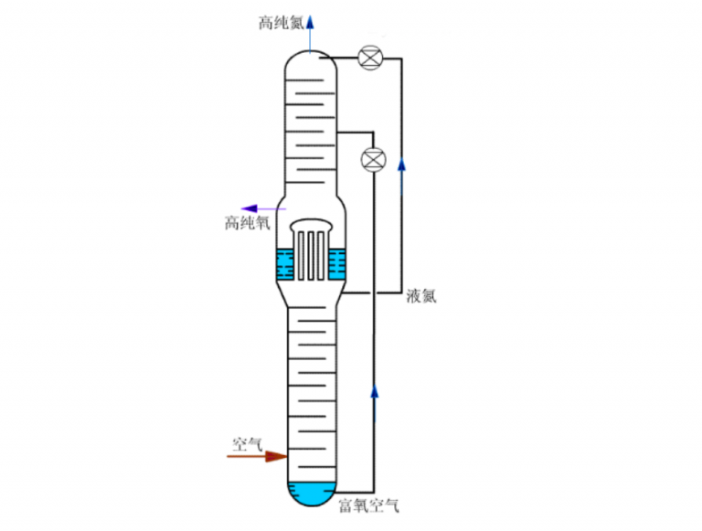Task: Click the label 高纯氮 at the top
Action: pyautogui.click(x=281, y=20)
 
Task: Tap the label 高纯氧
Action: pyautogui.click(x=247, y=222)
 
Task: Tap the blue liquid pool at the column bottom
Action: pyautogui.click(x=310, y=494)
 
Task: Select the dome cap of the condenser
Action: pyautogui.click(x=311, y=225)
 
